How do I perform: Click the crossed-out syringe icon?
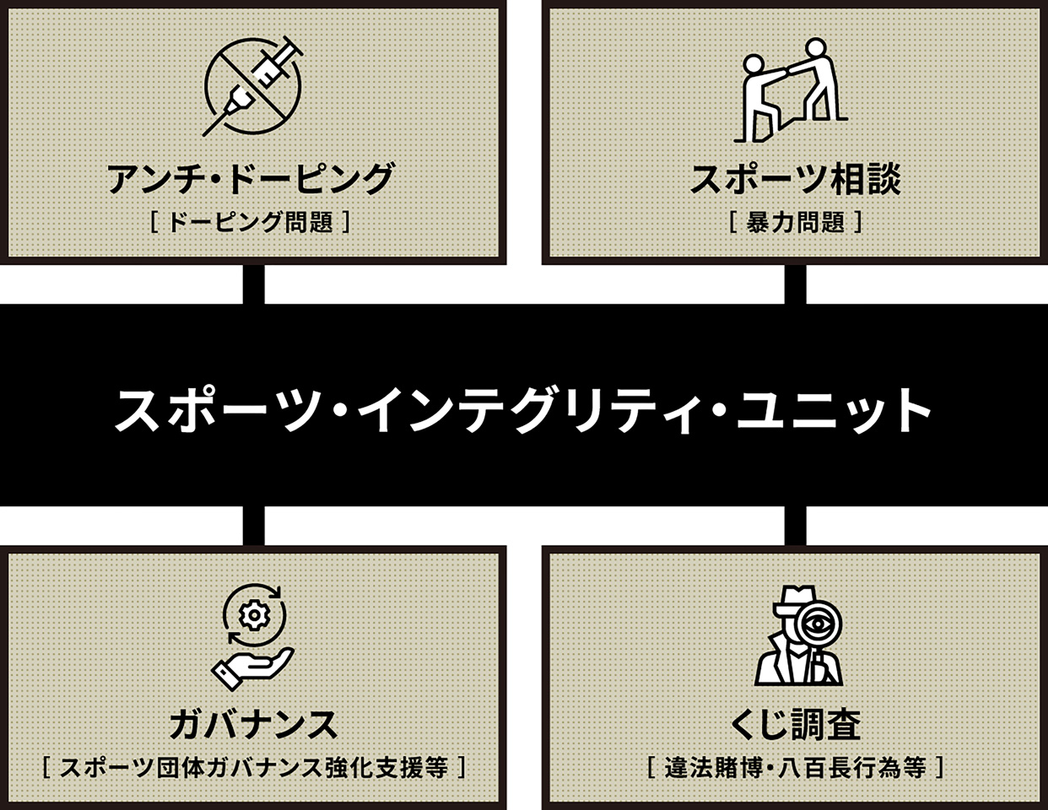(253, 86)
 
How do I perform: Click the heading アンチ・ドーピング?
(251, 179)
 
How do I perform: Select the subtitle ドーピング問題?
(251, 222)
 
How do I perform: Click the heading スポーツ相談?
(795, 179)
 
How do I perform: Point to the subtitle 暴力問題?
(795, 222)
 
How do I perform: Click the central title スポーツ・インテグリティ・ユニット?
(523, 409)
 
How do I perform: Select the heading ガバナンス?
(253, 724)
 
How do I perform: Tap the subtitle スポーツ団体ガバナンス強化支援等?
(253, 767)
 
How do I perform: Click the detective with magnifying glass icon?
(797, 634)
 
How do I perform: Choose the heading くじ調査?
(795, 724)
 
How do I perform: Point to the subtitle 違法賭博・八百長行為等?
(795, 767)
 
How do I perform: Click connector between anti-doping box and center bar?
(254, 284)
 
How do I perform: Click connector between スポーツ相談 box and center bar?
(795, 284)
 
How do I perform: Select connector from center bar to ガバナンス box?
(254, 526)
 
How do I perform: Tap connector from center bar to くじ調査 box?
(795, 526)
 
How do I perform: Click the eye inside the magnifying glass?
(816, 625)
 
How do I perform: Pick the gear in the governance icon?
(252, 615)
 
